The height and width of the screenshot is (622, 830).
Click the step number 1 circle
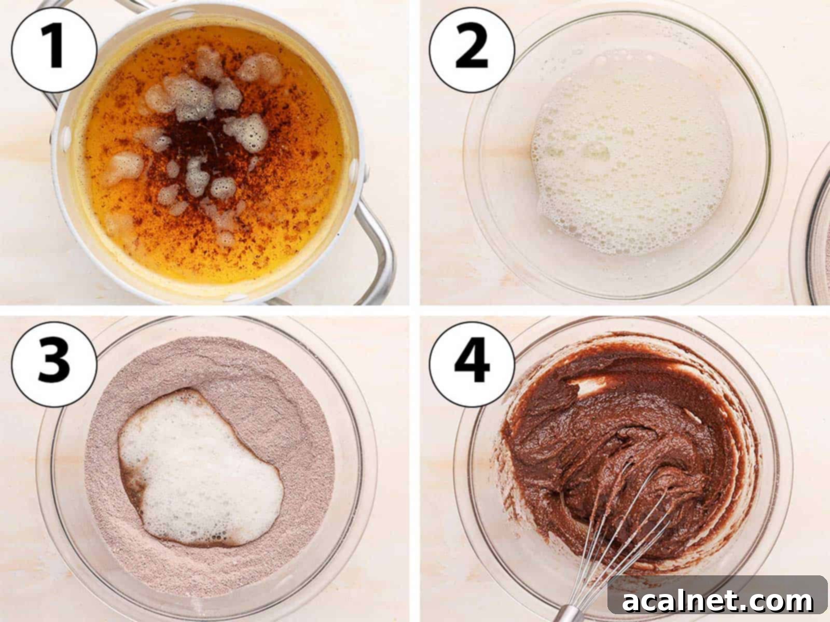click(54, 49)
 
